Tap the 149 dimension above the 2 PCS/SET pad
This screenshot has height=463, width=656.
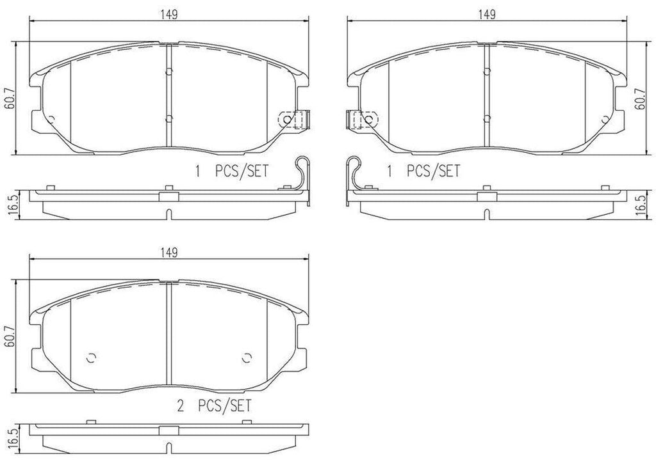pyautogui.click(x=169, y=253)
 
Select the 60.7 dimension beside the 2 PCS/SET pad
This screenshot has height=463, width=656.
pyautogui.click(x=8, y=335)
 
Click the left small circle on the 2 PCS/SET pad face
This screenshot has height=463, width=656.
pyautogui.click(x=90, y=357)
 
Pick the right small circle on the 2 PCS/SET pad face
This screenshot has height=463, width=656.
pyautogui.click(x=247, y=357)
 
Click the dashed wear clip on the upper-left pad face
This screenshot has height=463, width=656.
pyautogui.click(x=294, y=119)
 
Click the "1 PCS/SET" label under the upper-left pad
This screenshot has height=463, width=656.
pyautogui.click(x=231, y=171)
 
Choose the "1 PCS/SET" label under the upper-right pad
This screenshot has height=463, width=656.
pyautogui.click(x=423, y=171)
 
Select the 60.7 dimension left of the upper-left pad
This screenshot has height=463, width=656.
pyautogui.click(x=8, y=98)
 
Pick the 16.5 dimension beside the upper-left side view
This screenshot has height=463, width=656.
pyautogui.click(x=8, y=203)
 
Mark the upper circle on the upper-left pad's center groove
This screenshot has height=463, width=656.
pyautogui.click(x=167, y=71)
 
